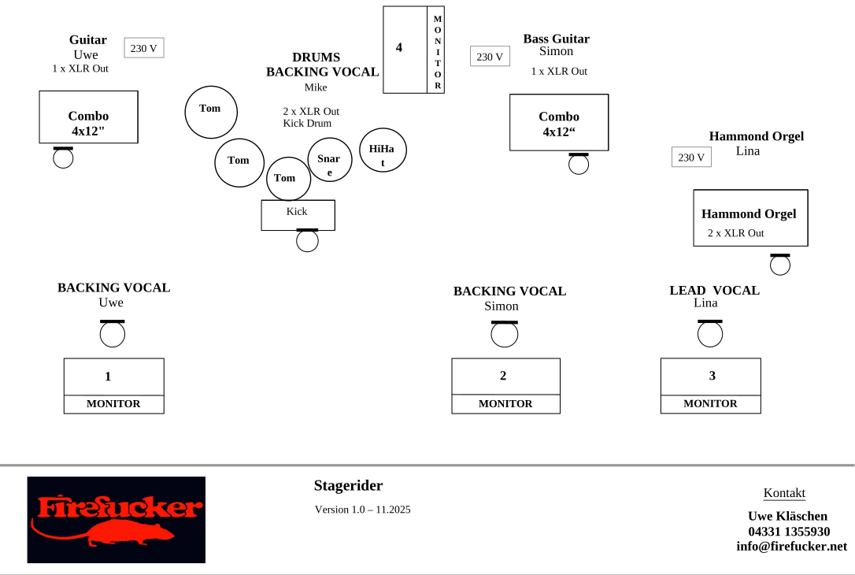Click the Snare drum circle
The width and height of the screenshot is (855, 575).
[329, 160]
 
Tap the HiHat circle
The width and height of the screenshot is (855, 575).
[383, 150]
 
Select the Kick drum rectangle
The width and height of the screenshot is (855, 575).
[298, 215]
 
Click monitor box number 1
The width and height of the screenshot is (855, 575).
[113, 385]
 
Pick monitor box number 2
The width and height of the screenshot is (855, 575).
[505, 385]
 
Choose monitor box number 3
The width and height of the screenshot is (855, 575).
[710, 385]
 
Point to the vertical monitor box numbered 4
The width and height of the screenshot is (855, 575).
[413, 50]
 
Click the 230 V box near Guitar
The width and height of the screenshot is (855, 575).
[143, 48]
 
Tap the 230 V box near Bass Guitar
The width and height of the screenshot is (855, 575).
[490, 57]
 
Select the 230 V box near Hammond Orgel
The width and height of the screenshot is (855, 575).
[691, 157]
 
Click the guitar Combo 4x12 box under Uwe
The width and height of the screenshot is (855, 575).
[88, 117]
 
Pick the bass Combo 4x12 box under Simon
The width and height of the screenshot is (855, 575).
[559, 122]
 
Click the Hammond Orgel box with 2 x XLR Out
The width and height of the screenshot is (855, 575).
[750, 217]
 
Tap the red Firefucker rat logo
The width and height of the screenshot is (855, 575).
[117, 520]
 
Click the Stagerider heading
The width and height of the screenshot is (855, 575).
[348, 485]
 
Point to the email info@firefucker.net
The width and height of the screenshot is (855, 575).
[791, 546]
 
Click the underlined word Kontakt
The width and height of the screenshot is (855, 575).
[784, 493]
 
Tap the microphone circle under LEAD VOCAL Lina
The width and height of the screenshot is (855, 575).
[710, 335]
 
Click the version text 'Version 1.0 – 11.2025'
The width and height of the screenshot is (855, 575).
[362, 510]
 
